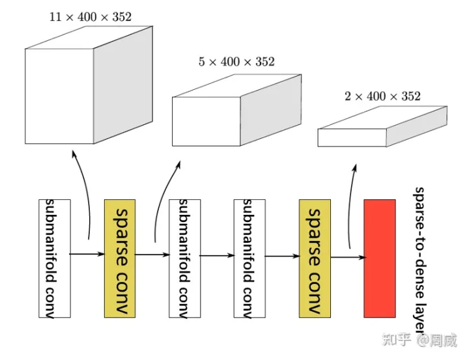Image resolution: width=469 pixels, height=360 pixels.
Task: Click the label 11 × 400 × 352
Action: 90,17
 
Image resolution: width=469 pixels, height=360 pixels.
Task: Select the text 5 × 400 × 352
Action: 236,62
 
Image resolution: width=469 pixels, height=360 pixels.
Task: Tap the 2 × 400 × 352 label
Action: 382,96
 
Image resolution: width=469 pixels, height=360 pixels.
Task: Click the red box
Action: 379,258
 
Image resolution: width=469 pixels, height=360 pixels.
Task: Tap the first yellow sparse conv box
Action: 120,258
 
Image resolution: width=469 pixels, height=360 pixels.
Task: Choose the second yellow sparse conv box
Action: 315,258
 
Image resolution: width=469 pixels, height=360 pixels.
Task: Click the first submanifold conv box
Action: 55,258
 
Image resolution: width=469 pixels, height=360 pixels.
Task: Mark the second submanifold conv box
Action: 184,258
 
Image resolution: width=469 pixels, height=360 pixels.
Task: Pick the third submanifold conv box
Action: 249,258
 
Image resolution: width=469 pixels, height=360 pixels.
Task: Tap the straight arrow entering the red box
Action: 348,257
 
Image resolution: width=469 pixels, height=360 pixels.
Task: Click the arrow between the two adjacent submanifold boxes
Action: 217,256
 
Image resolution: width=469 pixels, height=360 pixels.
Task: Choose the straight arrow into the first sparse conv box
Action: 87,254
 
